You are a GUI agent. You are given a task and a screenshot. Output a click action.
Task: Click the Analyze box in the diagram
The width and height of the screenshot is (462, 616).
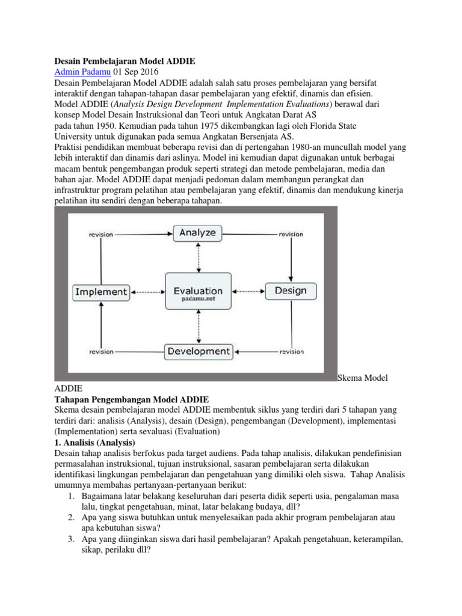(199, 233)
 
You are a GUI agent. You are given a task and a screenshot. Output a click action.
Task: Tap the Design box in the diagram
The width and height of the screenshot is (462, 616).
(291, 291)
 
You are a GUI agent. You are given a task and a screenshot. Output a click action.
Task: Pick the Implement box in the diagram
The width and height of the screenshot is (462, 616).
(101, 292)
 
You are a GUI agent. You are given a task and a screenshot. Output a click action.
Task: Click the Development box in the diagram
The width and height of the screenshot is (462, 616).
(198, 351)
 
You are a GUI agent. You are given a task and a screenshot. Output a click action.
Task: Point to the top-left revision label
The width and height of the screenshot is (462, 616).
(101, 234)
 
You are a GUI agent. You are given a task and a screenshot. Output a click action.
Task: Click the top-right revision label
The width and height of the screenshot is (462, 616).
(291, 234)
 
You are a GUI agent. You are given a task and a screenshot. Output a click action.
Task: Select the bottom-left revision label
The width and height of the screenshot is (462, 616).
(101, 351)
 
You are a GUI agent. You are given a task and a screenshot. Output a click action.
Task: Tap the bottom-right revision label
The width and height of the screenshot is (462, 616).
(291, 351)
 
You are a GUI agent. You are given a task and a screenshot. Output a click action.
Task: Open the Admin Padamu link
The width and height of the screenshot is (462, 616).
(78, 72)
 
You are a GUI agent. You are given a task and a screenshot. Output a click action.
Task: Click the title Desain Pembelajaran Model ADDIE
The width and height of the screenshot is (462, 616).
(125, 61)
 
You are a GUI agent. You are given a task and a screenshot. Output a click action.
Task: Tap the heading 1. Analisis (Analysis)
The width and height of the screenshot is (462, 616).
(97, 443)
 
